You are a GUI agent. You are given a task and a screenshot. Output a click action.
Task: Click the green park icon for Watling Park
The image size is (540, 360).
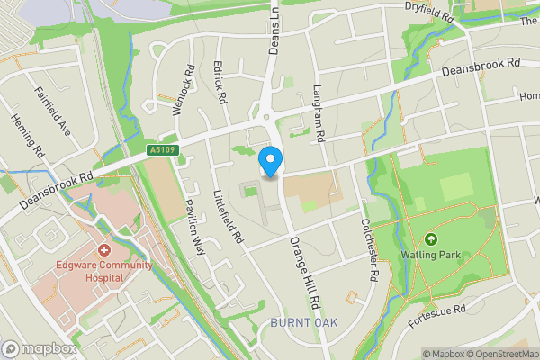[x=430, y=240]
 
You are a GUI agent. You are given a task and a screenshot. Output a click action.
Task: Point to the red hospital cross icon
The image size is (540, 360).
[x=104, y=248]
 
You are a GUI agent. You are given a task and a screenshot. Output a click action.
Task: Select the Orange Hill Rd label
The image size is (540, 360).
[x=303, y=275]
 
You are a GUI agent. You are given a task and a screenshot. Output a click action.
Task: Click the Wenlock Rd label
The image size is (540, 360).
[x=184, y=88]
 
